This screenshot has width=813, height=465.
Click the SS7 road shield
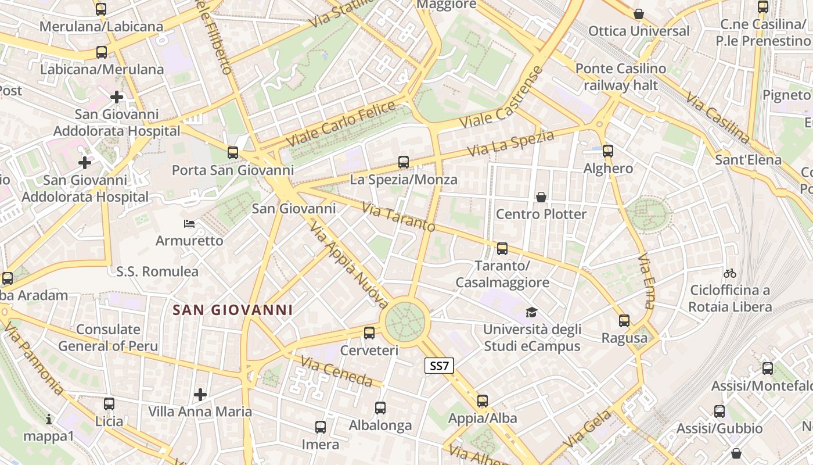pos(439,366)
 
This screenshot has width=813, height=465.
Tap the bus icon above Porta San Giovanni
pos(233,153)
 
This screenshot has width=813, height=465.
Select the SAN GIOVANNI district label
pos(232,310)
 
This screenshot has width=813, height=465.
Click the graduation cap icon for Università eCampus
pos(531,313)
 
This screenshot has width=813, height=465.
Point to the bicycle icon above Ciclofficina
pos(730,273)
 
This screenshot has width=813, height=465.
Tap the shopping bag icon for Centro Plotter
pos(541,197)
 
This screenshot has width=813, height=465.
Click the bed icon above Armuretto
pos(189,224)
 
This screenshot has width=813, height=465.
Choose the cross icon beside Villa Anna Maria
pos(200,395)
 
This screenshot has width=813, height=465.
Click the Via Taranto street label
pos(398,216)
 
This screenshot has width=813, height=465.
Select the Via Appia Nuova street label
pos(348,265)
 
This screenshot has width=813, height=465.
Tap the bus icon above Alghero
pos(608,151)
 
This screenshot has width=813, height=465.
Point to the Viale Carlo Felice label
pos(341,124)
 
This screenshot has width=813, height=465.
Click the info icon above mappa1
pos(49,419)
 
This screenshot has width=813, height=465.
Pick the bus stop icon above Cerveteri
pos(369,333)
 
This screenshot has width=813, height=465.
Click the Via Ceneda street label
pos(336,371)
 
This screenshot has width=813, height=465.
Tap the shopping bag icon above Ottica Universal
pos(639,14)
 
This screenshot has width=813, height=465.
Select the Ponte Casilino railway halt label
pos(621,77)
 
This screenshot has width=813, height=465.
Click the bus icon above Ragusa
pos(624,320)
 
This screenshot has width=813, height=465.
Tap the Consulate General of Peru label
pos(108,338)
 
